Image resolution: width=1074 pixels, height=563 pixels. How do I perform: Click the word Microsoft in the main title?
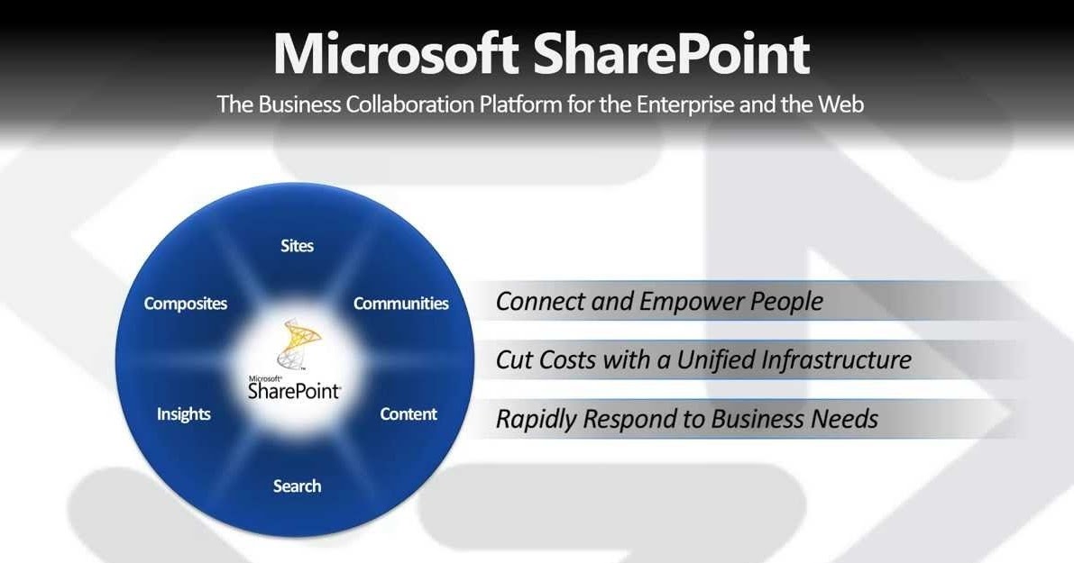tap(395, 54)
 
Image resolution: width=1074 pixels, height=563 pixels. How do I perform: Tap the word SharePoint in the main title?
tap(671, 54)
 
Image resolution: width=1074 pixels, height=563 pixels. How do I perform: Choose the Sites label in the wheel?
tap(297, 245)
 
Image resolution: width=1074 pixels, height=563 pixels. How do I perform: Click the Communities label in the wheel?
tap(400, 304)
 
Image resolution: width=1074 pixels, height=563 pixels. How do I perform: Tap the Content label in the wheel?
tap(408, 414)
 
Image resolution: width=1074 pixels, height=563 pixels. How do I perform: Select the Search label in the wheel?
tap(297, 486)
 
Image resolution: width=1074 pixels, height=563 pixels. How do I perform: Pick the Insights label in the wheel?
tap(184, 414)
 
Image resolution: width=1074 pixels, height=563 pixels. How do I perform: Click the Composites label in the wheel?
tap(186, 304)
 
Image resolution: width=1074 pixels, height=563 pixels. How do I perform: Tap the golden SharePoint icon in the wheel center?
tap(298, 345)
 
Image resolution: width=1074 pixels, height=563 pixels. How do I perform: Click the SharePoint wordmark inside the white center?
tap(294, 392)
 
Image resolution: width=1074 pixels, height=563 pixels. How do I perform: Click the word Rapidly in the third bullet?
tap(537, 419)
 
